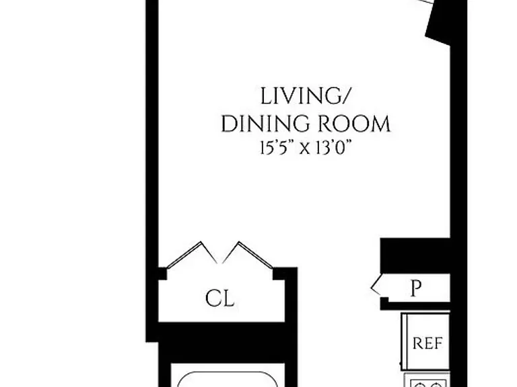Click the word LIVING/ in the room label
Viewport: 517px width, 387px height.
tap(304, 97)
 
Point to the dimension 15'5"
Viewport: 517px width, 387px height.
tap(278, 147)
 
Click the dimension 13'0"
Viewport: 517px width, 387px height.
tap(332, 147)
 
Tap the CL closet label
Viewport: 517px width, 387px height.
tap(220, 298)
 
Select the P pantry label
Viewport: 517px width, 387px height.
tap(416, 288)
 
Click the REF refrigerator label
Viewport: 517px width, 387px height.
tap(427, 343)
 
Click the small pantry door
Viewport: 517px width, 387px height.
tap(376, 285)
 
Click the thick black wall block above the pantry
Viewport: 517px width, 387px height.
tap(415, 256)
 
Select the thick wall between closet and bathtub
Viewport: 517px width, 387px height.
tap(221, 342)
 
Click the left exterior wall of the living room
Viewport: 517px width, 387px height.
tap(152, 171)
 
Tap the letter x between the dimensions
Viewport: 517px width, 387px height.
tap(305, 148)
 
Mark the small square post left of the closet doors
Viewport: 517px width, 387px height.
tap(162, 274)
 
